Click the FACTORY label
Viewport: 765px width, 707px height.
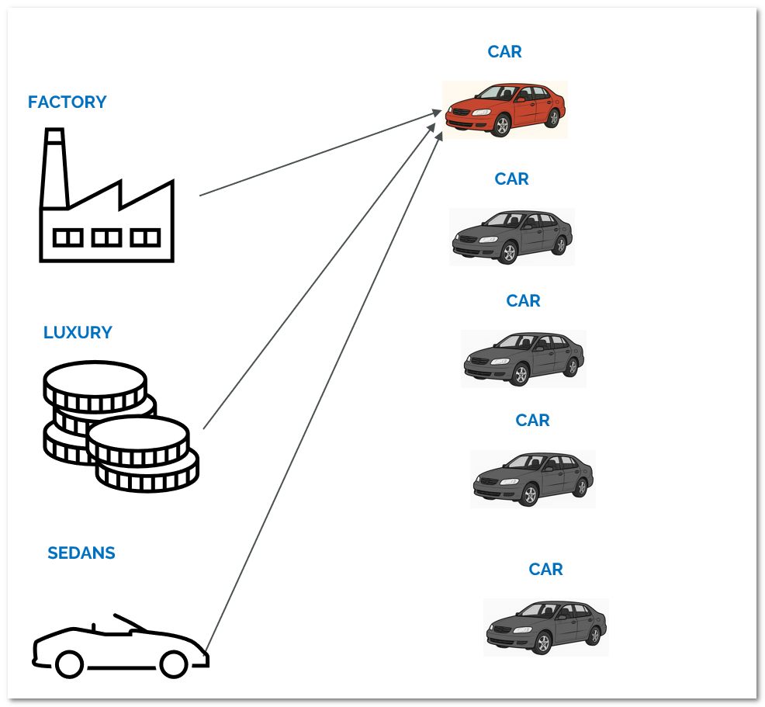[67, 102]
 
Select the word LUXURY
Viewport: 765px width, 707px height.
[78, 333]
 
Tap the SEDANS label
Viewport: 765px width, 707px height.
[81, 553]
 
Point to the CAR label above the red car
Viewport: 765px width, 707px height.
[504, 52]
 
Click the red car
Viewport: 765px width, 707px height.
[505, 109]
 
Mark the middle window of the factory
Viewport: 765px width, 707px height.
[106, 237]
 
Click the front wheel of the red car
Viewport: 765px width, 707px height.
[501, 126]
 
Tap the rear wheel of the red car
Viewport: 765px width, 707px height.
[552, 118]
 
